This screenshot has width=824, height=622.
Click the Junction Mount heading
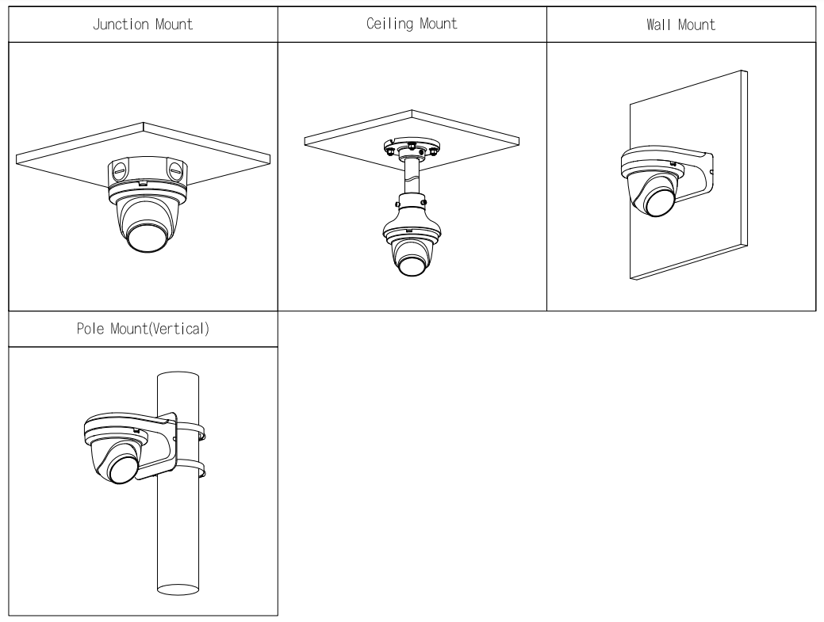click(143, 24)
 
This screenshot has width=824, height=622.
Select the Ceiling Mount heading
click(412, 24)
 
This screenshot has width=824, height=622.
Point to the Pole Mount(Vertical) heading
click(143, 330)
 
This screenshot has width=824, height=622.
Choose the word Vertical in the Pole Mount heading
click(181, 330)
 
